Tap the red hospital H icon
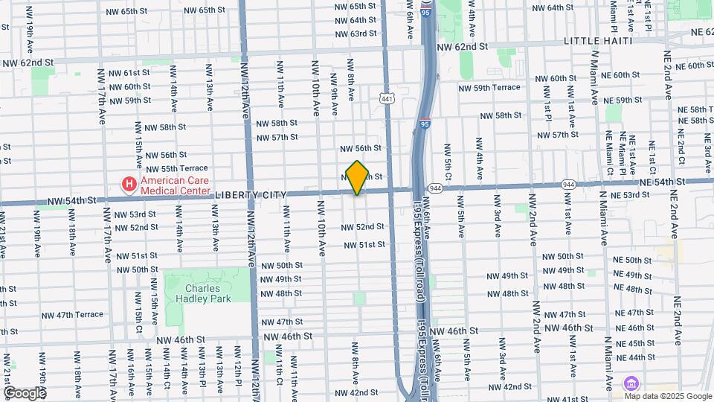pos(129,183)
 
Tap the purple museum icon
pos(631,382)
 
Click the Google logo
pos(24,392)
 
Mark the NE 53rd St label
pos(630,195)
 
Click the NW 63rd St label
pos(355,33)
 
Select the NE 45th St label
pos(630,343)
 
